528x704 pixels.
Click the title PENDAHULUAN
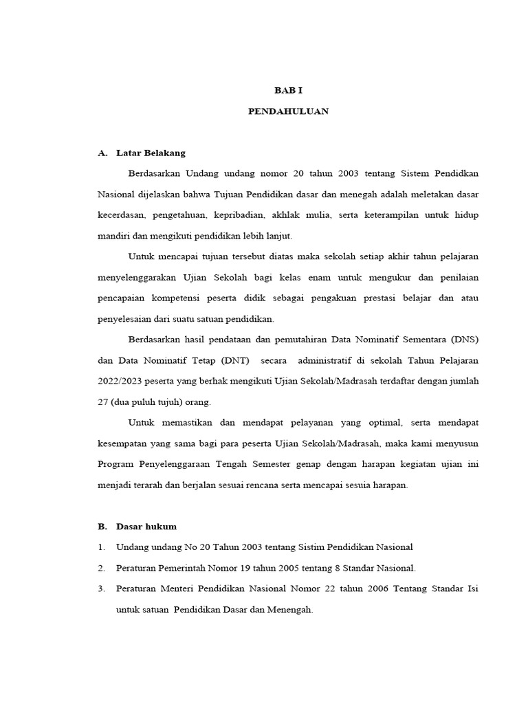point(288,111)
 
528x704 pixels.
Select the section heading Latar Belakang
point(151,153)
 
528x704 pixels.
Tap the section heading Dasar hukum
point(146,527)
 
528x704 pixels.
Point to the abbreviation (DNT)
point(228,360)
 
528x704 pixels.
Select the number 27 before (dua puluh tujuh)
point(103,401)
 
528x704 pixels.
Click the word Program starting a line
point(117,464)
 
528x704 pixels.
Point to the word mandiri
point(113,236)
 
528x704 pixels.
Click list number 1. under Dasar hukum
point(101,547)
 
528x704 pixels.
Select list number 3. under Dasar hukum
point(101,589)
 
